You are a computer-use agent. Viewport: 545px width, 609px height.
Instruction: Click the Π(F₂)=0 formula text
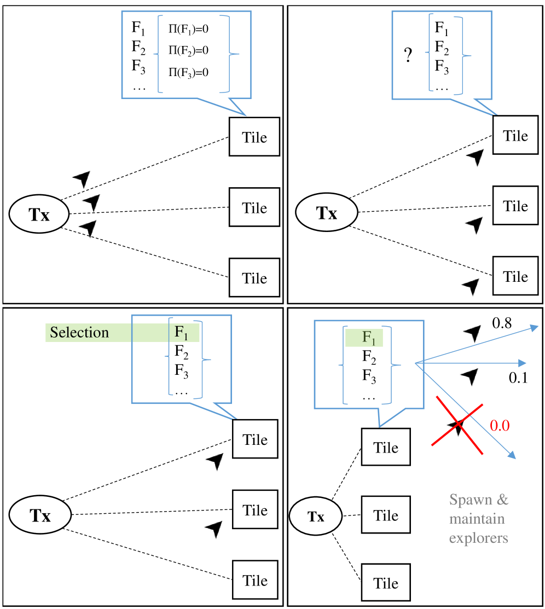[188, 50]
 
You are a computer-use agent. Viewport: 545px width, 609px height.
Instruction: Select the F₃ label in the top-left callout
[138, 67]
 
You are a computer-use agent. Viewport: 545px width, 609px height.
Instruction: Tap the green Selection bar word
[79, 332]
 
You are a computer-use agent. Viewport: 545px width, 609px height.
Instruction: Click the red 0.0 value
[500, 426]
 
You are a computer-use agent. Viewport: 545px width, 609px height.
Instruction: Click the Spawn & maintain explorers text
[479, 519]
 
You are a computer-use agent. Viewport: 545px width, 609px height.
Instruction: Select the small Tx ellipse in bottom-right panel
[316, 517]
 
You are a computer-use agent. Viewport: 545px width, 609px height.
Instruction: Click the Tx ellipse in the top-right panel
[327, 212]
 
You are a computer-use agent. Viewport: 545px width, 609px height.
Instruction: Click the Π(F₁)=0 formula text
[188, 30]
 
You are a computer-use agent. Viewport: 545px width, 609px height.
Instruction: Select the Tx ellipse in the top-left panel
[39, 214]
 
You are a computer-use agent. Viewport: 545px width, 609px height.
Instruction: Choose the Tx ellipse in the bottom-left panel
[40, 515]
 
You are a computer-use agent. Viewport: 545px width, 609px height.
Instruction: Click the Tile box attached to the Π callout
[254, 137]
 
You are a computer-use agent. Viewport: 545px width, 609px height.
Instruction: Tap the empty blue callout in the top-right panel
[441, 55]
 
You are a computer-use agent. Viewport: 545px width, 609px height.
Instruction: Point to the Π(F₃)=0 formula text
[188, 72]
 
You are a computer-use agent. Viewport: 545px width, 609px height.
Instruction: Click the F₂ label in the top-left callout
[138, 48]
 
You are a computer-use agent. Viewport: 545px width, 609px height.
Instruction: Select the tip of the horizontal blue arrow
[526, 363]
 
